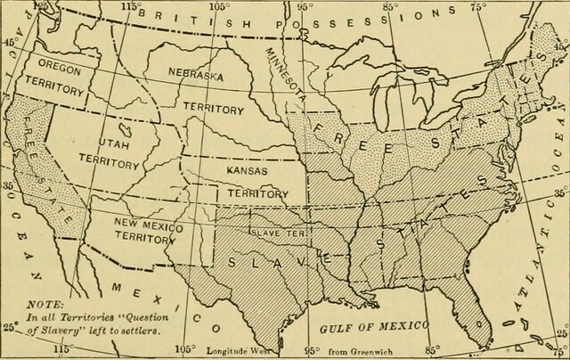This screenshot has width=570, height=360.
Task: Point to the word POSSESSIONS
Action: tap(374, 12)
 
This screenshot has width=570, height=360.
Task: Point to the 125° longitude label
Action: tap(40, 6)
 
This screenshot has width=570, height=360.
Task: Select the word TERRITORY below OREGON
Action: tap(53, 91)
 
